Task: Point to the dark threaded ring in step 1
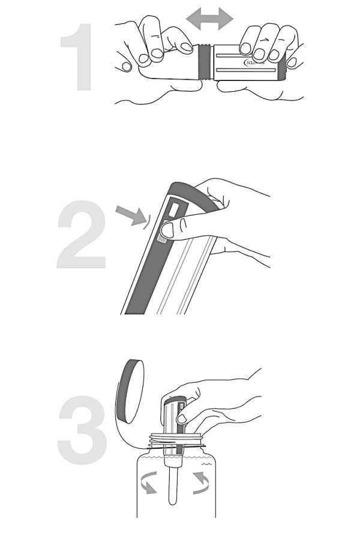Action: [205, 61]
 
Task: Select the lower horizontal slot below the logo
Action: [246, 71]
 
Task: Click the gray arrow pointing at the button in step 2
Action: [131, 214]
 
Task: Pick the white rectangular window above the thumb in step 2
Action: [175, 210]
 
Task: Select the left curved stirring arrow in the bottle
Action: [148, 481]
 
